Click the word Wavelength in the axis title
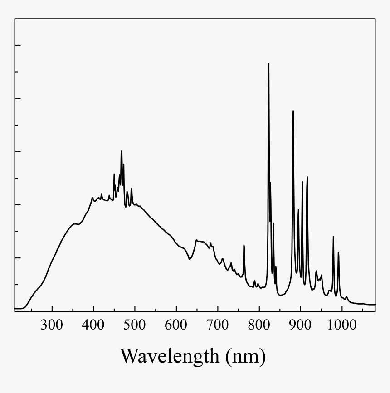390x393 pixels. click(169, 356)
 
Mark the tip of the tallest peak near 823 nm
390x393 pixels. click(268, 64)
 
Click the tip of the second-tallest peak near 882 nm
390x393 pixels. click(293, 111)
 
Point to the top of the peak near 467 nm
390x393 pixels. click(122, 151)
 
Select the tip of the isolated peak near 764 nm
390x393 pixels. click(244, 245)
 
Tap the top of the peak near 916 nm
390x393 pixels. click(307, 177)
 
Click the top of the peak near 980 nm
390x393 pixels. click(333, 237)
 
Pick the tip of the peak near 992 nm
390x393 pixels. click(338, 252)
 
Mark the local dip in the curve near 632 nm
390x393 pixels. click(189, 259)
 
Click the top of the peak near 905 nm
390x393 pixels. click(302, 182)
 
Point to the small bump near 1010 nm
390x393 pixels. click(346, 297)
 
